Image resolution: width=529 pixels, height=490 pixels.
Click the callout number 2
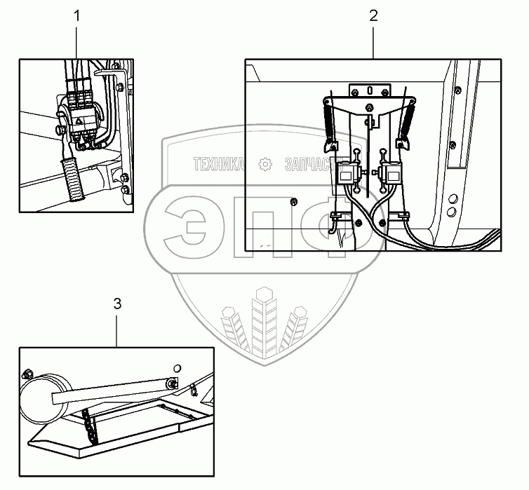(x=373, y=15)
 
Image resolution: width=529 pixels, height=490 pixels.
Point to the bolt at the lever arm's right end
(x=172, y=383)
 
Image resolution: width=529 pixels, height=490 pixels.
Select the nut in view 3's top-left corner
(x=29, y=373)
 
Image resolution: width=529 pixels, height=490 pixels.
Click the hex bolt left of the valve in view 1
(x=55, y=130)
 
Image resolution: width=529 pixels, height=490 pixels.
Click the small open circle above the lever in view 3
(x=177, y=367)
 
